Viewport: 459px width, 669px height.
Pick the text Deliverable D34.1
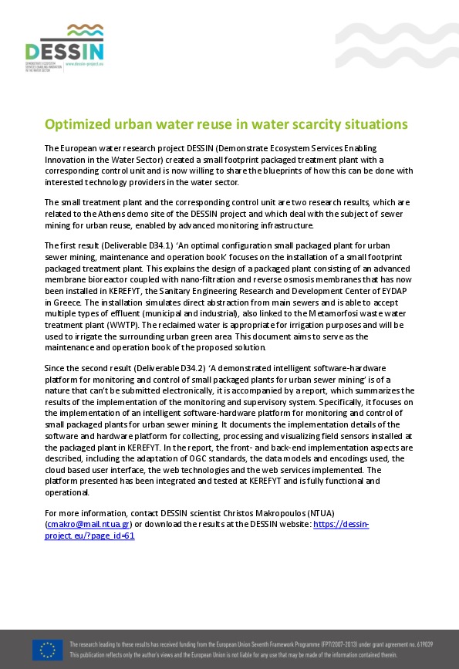(x=128, y=245)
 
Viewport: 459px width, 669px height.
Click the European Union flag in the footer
(x=48, y=649)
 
